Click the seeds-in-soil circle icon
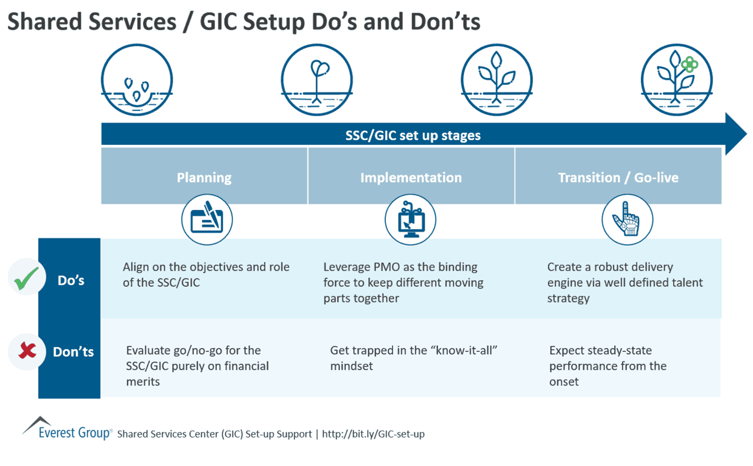(x=137, y=80)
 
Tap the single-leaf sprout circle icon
(x=317, y=80)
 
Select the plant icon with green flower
(x=676, y=80)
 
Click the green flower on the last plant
(x=689, y=65)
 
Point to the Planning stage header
(x=204, y=177)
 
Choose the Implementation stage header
(x=411, y=177)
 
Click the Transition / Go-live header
(x=618, y=177)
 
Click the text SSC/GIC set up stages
(x=413, y=135)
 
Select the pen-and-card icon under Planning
(x=207, y=220)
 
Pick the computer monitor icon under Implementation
(x=410, y=220)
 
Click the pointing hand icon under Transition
(x=627, y=220)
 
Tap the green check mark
(x=26, y=278)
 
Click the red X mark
(x=27, y=350)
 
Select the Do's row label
(x=70, y=280)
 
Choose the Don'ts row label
(x=73, y=351)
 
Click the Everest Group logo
(x=67, y=429)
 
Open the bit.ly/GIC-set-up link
(x=373, y=434)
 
